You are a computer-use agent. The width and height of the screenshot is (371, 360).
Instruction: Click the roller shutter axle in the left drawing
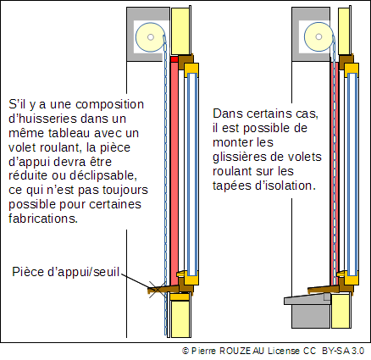[x=151, y=37]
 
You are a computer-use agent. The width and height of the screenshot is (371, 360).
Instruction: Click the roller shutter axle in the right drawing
[x=318, y=36]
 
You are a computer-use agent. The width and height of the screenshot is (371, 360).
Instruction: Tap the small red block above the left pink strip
[x=174, y=59]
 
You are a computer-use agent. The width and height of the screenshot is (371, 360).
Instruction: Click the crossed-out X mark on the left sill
[x=157, y=290]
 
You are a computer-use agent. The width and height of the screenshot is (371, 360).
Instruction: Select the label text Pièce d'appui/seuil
[x=66, y=272]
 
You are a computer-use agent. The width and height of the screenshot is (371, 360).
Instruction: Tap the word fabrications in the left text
[x=43, y=219]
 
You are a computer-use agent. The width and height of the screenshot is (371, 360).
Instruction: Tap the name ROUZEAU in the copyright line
[x=241, y=351]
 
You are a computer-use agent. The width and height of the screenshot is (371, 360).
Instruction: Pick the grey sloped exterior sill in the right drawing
[x=307, y=299]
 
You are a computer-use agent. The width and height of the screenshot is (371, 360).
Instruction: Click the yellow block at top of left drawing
[x=180, y=31]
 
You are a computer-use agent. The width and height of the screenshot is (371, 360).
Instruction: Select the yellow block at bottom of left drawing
[x=180, y=318]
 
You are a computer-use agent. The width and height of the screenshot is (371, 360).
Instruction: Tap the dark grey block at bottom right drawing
[x=311, y=316]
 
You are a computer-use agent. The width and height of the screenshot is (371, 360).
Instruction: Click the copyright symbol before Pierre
[x=185, y=351]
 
